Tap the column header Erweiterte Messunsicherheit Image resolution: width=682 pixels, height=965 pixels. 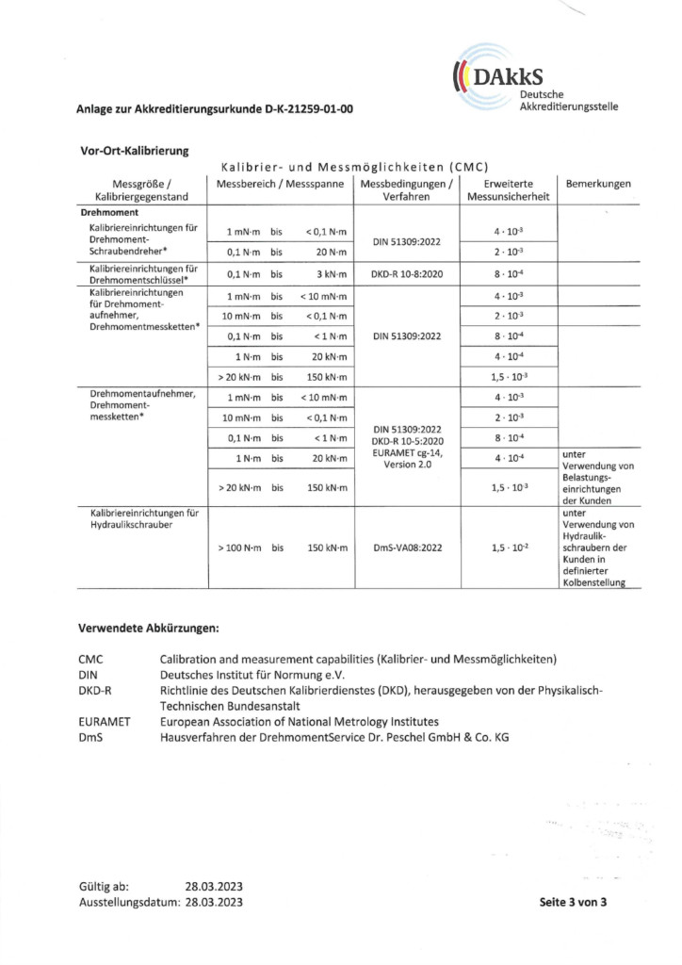coord(509,189)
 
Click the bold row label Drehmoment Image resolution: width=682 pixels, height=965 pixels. coord(111,213)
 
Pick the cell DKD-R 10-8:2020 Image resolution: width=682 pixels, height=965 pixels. coord(406,275)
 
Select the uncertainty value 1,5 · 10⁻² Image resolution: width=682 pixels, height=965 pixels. coord(509,547)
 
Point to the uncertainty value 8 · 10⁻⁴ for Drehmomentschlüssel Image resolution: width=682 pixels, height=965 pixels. coord(509,275)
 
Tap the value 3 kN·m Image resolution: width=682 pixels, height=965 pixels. coord(331,275)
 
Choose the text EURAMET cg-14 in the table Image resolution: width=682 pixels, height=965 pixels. coord(406,453)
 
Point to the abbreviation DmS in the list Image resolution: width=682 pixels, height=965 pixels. coord(89,737)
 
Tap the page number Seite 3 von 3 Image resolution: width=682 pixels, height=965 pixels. coord(573,902)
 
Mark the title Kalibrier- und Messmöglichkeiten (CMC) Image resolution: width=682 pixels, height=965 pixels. coord(352,167)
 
